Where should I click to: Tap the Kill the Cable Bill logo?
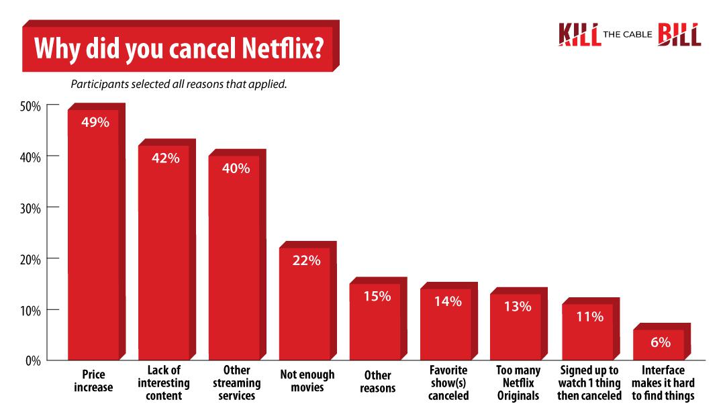tap(629, 34)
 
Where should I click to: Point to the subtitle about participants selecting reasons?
tap(179, 85)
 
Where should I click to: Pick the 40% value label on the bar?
tap(235, 168)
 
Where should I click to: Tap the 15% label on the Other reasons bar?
tap(376, 296)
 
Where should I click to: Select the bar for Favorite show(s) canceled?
tap(446, 325)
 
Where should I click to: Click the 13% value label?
tap(516, 307)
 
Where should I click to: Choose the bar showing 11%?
tap(587, 331)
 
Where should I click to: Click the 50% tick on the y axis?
tap(31, 106)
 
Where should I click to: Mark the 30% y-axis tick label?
tap(31, 208)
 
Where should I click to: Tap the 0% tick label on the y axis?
tap(34, 361)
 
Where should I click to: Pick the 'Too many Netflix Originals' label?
tap(518, 383)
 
